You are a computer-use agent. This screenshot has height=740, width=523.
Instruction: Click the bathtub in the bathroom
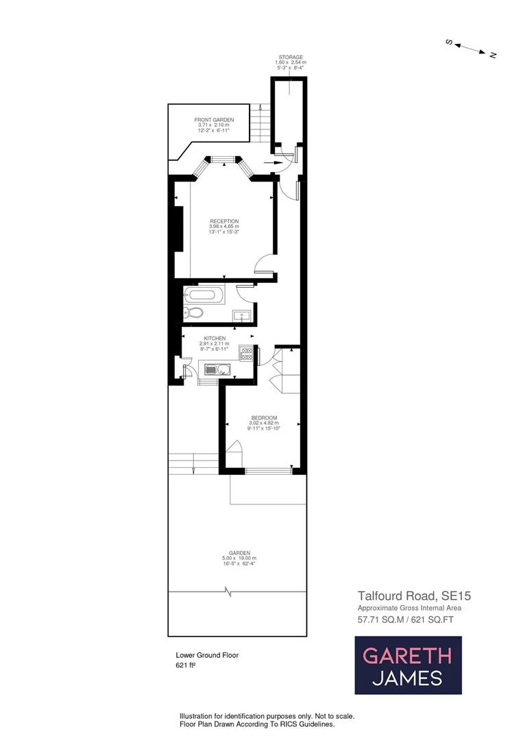[204, 296]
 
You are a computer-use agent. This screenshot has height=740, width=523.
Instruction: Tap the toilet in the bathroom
[194, 314]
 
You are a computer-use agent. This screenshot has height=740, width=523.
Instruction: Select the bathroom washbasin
[241, 315]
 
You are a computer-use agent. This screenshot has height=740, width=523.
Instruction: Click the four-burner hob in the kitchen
[246, 353]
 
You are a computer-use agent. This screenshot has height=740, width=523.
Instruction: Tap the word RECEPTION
[224, 221]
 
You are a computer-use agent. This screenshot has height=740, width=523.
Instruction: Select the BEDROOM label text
[264, 418]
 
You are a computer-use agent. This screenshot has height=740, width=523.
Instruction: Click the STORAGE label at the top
[291, 58]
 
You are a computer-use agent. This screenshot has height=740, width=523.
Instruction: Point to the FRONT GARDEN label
[214, 120]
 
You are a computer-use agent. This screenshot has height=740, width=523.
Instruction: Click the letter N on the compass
[492, 55]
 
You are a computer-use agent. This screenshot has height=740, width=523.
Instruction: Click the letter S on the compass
[450, 42]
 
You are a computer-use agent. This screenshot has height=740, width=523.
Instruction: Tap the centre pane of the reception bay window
[221, 160]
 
